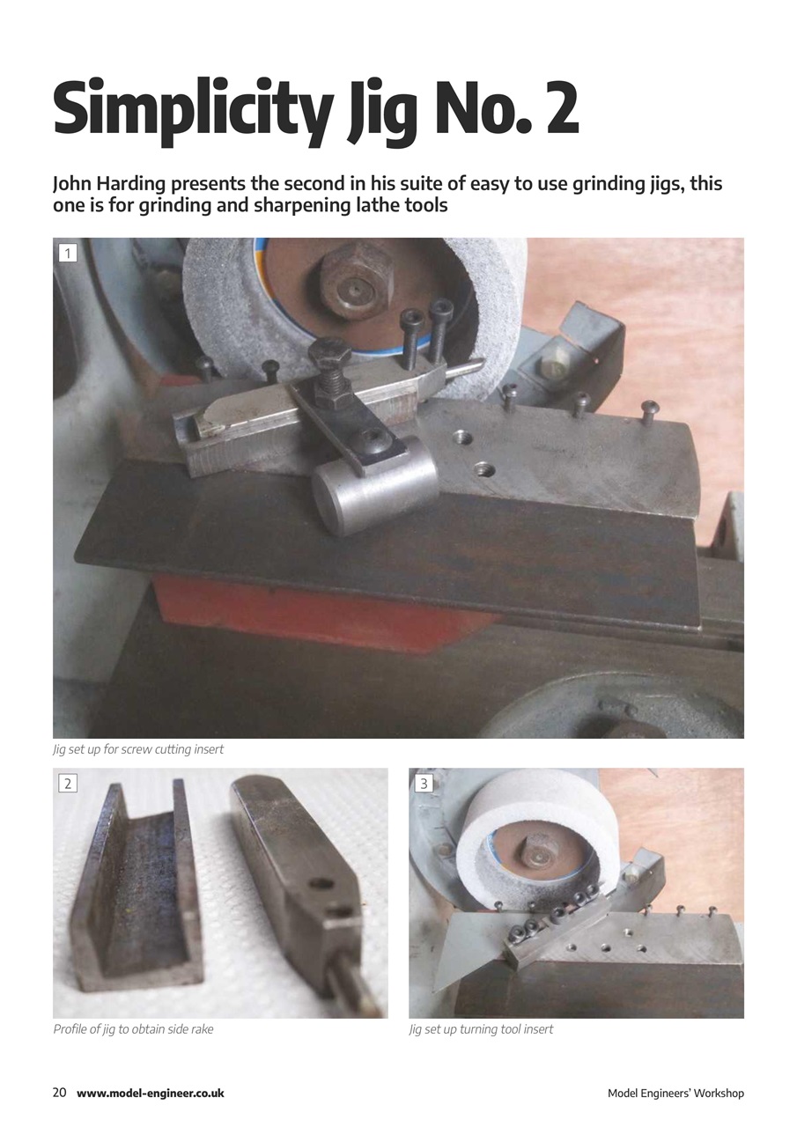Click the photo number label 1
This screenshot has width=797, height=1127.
pyautogui.click(x=68, y=254)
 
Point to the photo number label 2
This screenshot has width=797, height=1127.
pyautogui.click(x=68, y=782)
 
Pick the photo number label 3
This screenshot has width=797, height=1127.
pyautogui.click(x=424, y=782)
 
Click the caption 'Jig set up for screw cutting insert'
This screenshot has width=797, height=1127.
pyautogui.click(x=138, y=749)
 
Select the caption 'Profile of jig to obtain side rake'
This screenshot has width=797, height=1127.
pyautogui.click(x=133, y=1028)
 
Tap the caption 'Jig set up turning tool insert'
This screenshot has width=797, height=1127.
pyautogui.click(x=481, y=1028)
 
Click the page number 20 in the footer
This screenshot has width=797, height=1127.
pyautogui.click(x=60, y=1093)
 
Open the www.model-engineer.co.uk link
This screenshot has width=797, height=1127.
pyautogui.click(x=151, y=1094)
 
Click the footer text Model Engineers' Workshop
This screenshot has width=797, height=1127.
pyautogui.click(x=675, y=1094)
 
